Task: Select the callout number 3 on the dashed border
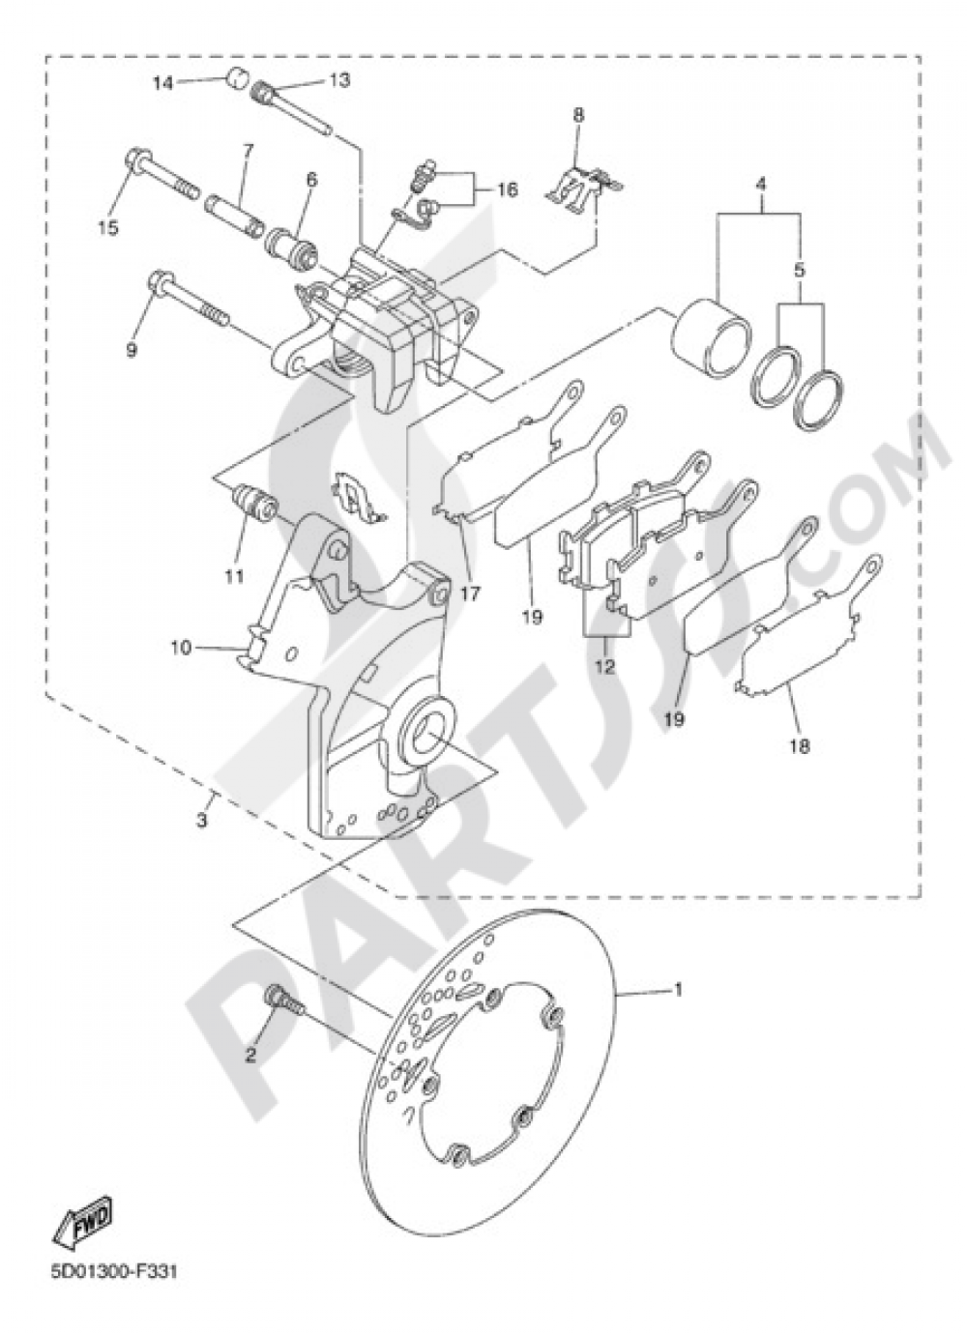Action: (202, 822)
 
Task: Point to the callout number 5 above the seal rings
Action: (800, 272)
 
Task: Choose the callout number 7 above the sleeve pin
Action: (248, 152)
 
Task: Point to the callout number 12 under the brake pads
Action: (605, 666)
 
